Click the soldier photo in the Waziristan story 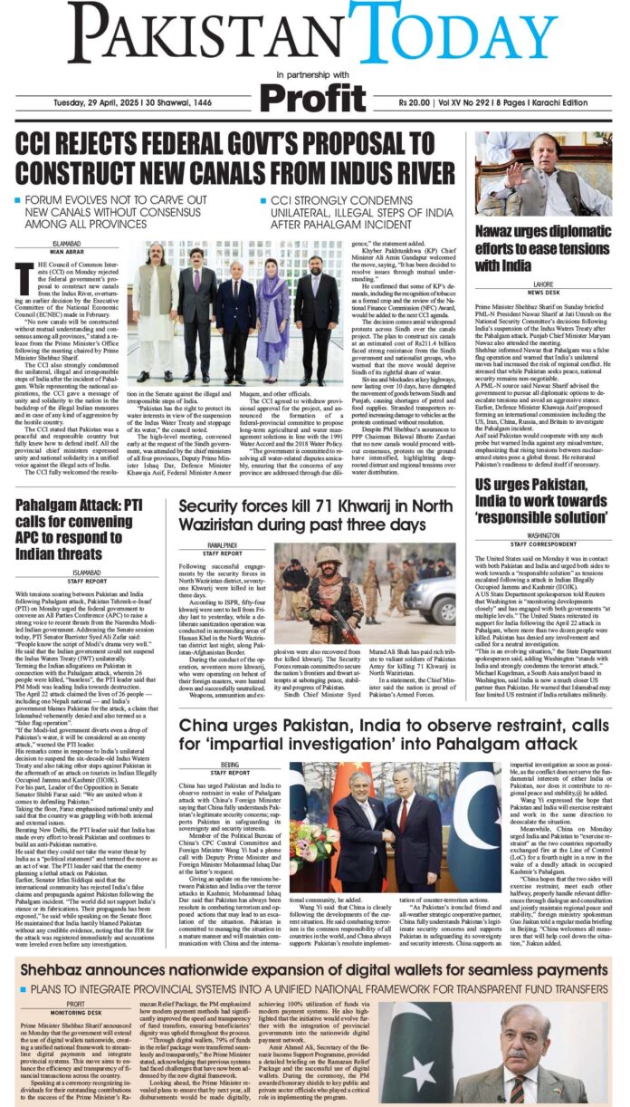point(325,581)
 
